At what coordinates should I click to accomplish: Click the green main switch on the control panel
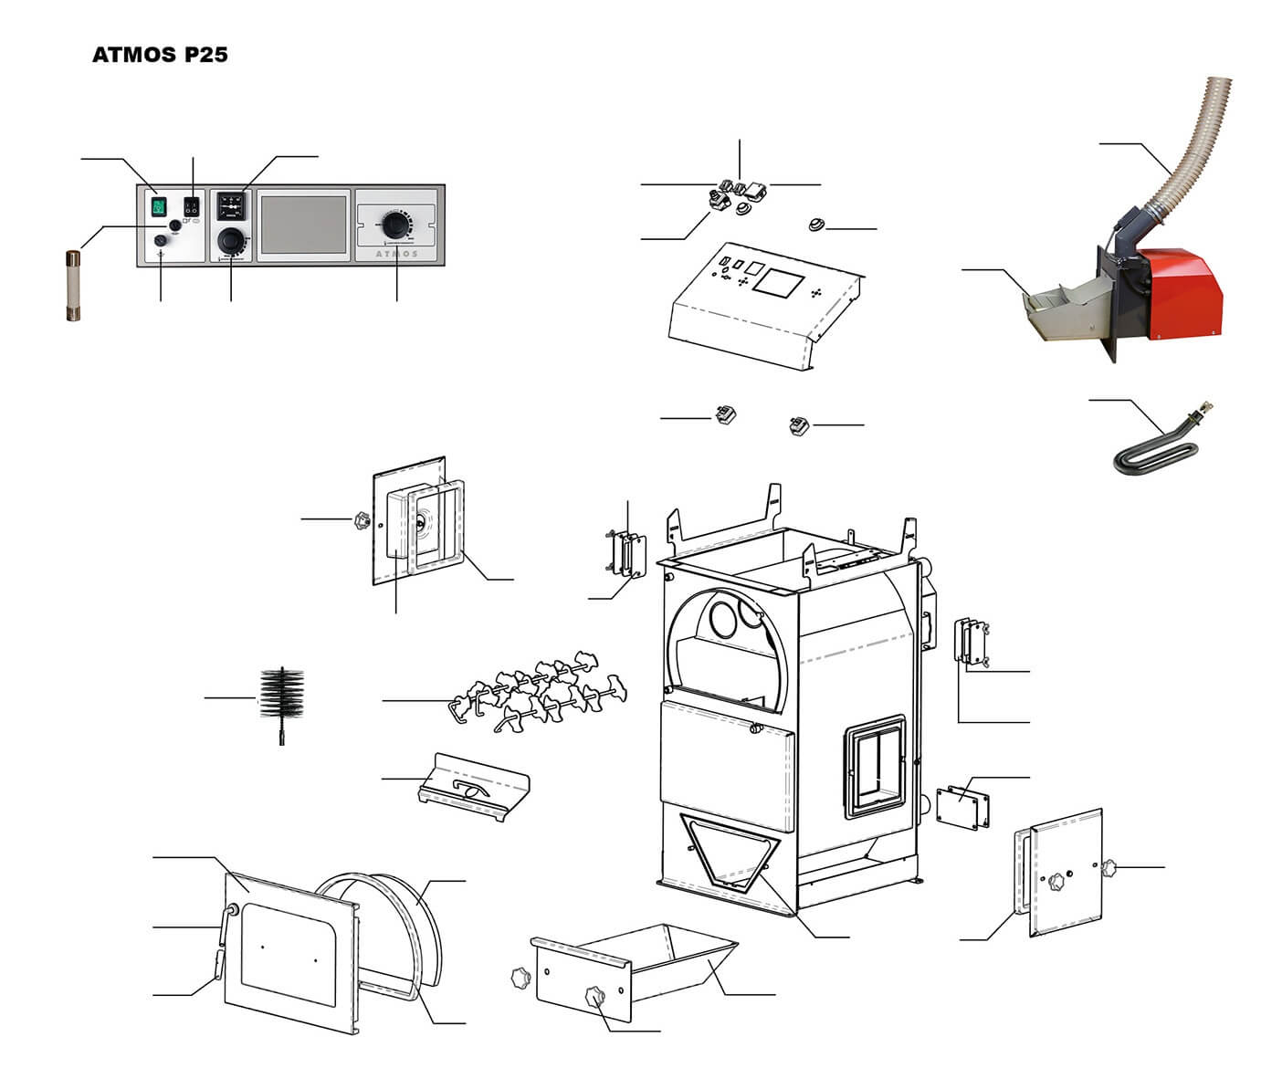coord(159,206)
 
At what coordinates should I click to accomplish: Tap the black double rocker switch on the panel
coord(193,206)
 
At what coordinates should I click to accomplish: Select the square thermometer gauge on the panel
coord(230,206)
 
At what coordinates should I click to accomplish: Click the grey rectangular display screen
coord(303,225)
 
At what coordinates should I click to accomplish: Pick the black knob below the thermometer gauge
coord(230,240)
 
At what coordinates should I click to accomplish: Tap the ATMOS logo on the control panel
coord(397,254)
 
